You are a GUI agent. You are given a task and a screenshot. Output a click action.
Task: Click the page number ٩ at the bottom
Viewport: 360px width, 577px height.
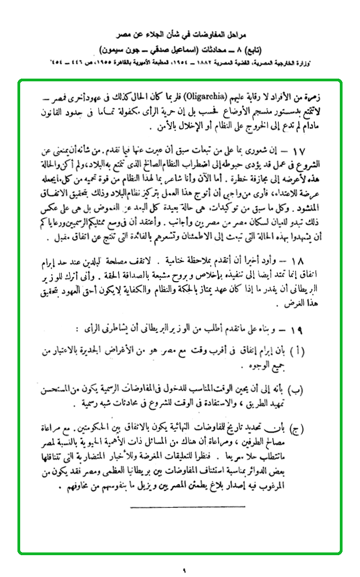click(184, 571)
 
